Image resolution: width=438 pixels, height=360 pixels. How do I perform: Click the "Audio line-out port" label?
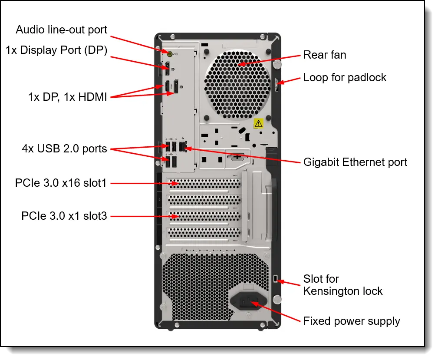coord(61,30)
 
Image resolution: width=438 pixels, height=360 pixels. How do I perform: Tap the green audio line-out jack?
coord(170,53)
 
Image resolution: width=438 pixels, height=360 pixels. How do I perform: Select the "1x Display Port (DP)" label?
coord(56,50)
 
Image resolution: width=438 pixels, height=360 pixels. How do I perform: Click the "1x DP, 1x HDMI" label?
coord(67,96)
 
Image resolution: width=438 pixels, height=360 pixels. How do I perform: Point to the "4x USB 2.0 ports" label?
coord(64,149)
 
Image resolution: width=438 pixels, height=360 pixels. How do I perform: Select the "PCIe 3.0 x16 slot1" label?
coord(61,183)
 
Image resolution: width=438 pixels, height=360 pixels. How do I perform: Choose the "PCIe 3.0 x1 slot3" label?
coord(64,215)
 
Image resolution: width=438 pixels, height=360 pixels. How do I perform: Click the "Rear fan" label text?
coord(325,55)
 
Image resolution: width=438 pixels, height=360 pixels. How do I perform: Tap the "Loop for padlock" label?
coord(345,77)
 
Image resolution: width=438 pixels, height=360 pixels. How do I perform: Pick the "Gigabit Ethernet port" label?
coord(355,162)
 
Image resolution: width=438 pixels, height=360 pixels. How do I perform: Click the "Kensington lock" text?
coord(343,291)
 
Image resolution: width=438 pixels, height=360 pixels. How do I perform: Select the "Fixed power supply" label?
coord(352,321)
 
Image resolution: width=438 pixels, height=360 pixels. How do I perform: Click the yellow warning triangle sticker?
coord(258,123)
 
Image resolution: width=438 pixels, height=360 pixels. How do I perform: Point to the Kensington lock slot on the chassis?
coord(277,278)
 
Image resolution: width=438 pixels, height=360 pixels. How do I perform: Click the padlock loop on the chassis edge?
coord(277,84)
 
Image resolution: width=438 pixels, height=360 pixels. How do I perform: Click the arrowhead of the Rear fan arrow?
coord(240,65)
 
